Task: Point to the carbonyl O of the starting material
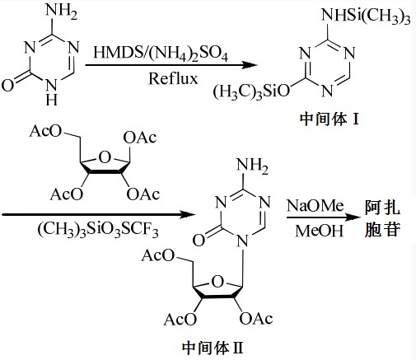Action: click(10, 84)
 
